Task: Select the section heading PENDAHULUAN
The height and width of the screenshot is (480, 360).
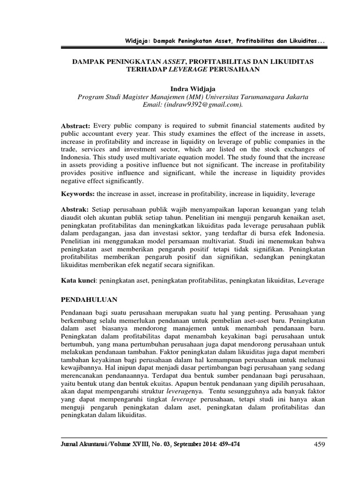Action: click(89, 299)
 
